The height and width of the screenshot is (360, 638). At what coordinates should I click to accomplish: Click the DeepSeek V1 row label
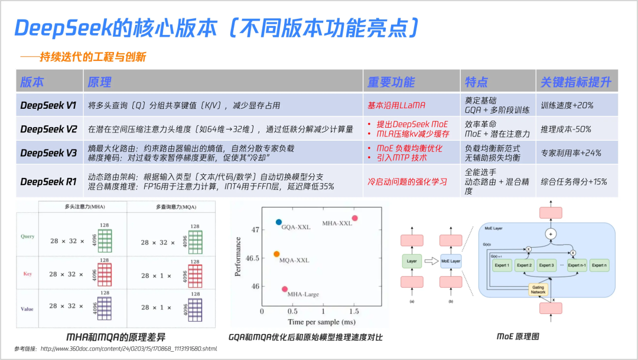(x=48, y=106)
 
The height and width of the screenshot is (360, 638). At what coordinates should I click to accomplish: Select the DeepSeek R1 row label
(x=48, y=181)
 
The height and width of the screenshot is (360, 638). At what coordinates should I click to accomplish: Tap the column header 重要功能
(x=391, y=82)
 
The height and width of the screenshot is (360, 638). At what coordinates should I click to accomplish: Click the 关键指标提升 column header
(x=576, y=82)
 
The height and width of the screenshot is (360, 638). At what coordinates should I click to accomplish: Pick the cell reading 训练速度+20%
(x=567, y=106)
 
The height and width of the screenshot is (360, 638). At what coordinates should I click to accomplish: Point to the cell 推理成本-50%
(x=566, y=129)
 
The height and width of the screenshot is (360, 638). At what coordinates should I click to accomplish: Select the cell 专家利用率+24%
(x=571, y=153)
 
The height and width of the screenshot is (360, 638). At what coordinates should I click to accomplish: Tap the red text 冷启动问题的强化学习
(x=407, y=181)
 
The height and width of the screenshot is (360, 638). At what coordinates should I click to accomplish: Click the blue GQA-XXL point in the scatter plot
(x=279, y=222)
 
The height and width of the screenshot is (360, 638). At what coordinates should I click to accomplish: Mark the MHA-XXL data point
(x=354, y=218)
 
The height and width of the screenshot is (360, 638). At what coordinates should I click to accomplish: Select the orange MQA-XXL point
(x=276, y=254)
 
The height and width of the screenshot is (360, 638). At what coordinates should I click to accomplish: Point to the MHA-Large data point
(x=285, y=288)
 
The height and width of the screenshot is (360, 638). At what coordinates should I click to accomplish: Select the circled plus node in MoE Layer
(x=551, y=233)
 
